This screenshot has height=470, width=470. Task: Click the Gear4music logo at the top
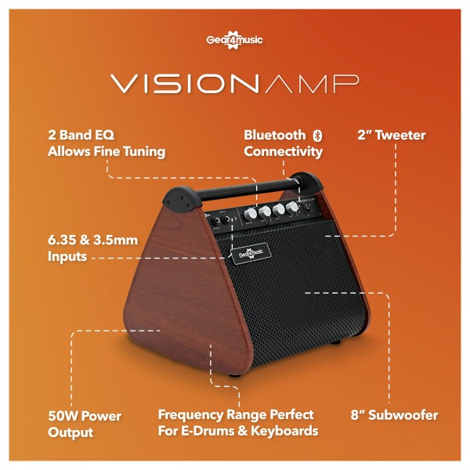(x=234, y=40)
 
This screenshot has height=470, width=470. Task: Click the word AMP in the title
(x=313, y=84)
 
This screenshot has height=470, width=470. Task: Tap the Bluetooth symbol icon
(x=316, y=136)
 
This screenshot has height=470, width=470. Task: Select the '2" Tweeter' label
(x=391, y=136)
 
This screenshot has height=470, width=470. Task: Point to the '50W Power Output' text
(x=85, y=423)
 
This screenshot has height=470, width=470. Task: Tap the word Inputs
(x=67, y=255)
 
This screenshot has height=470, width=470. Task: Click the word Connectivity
(x=283, y=152)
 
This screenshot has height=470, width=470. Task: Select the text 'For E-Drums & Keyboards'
(x=238, y=431)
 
